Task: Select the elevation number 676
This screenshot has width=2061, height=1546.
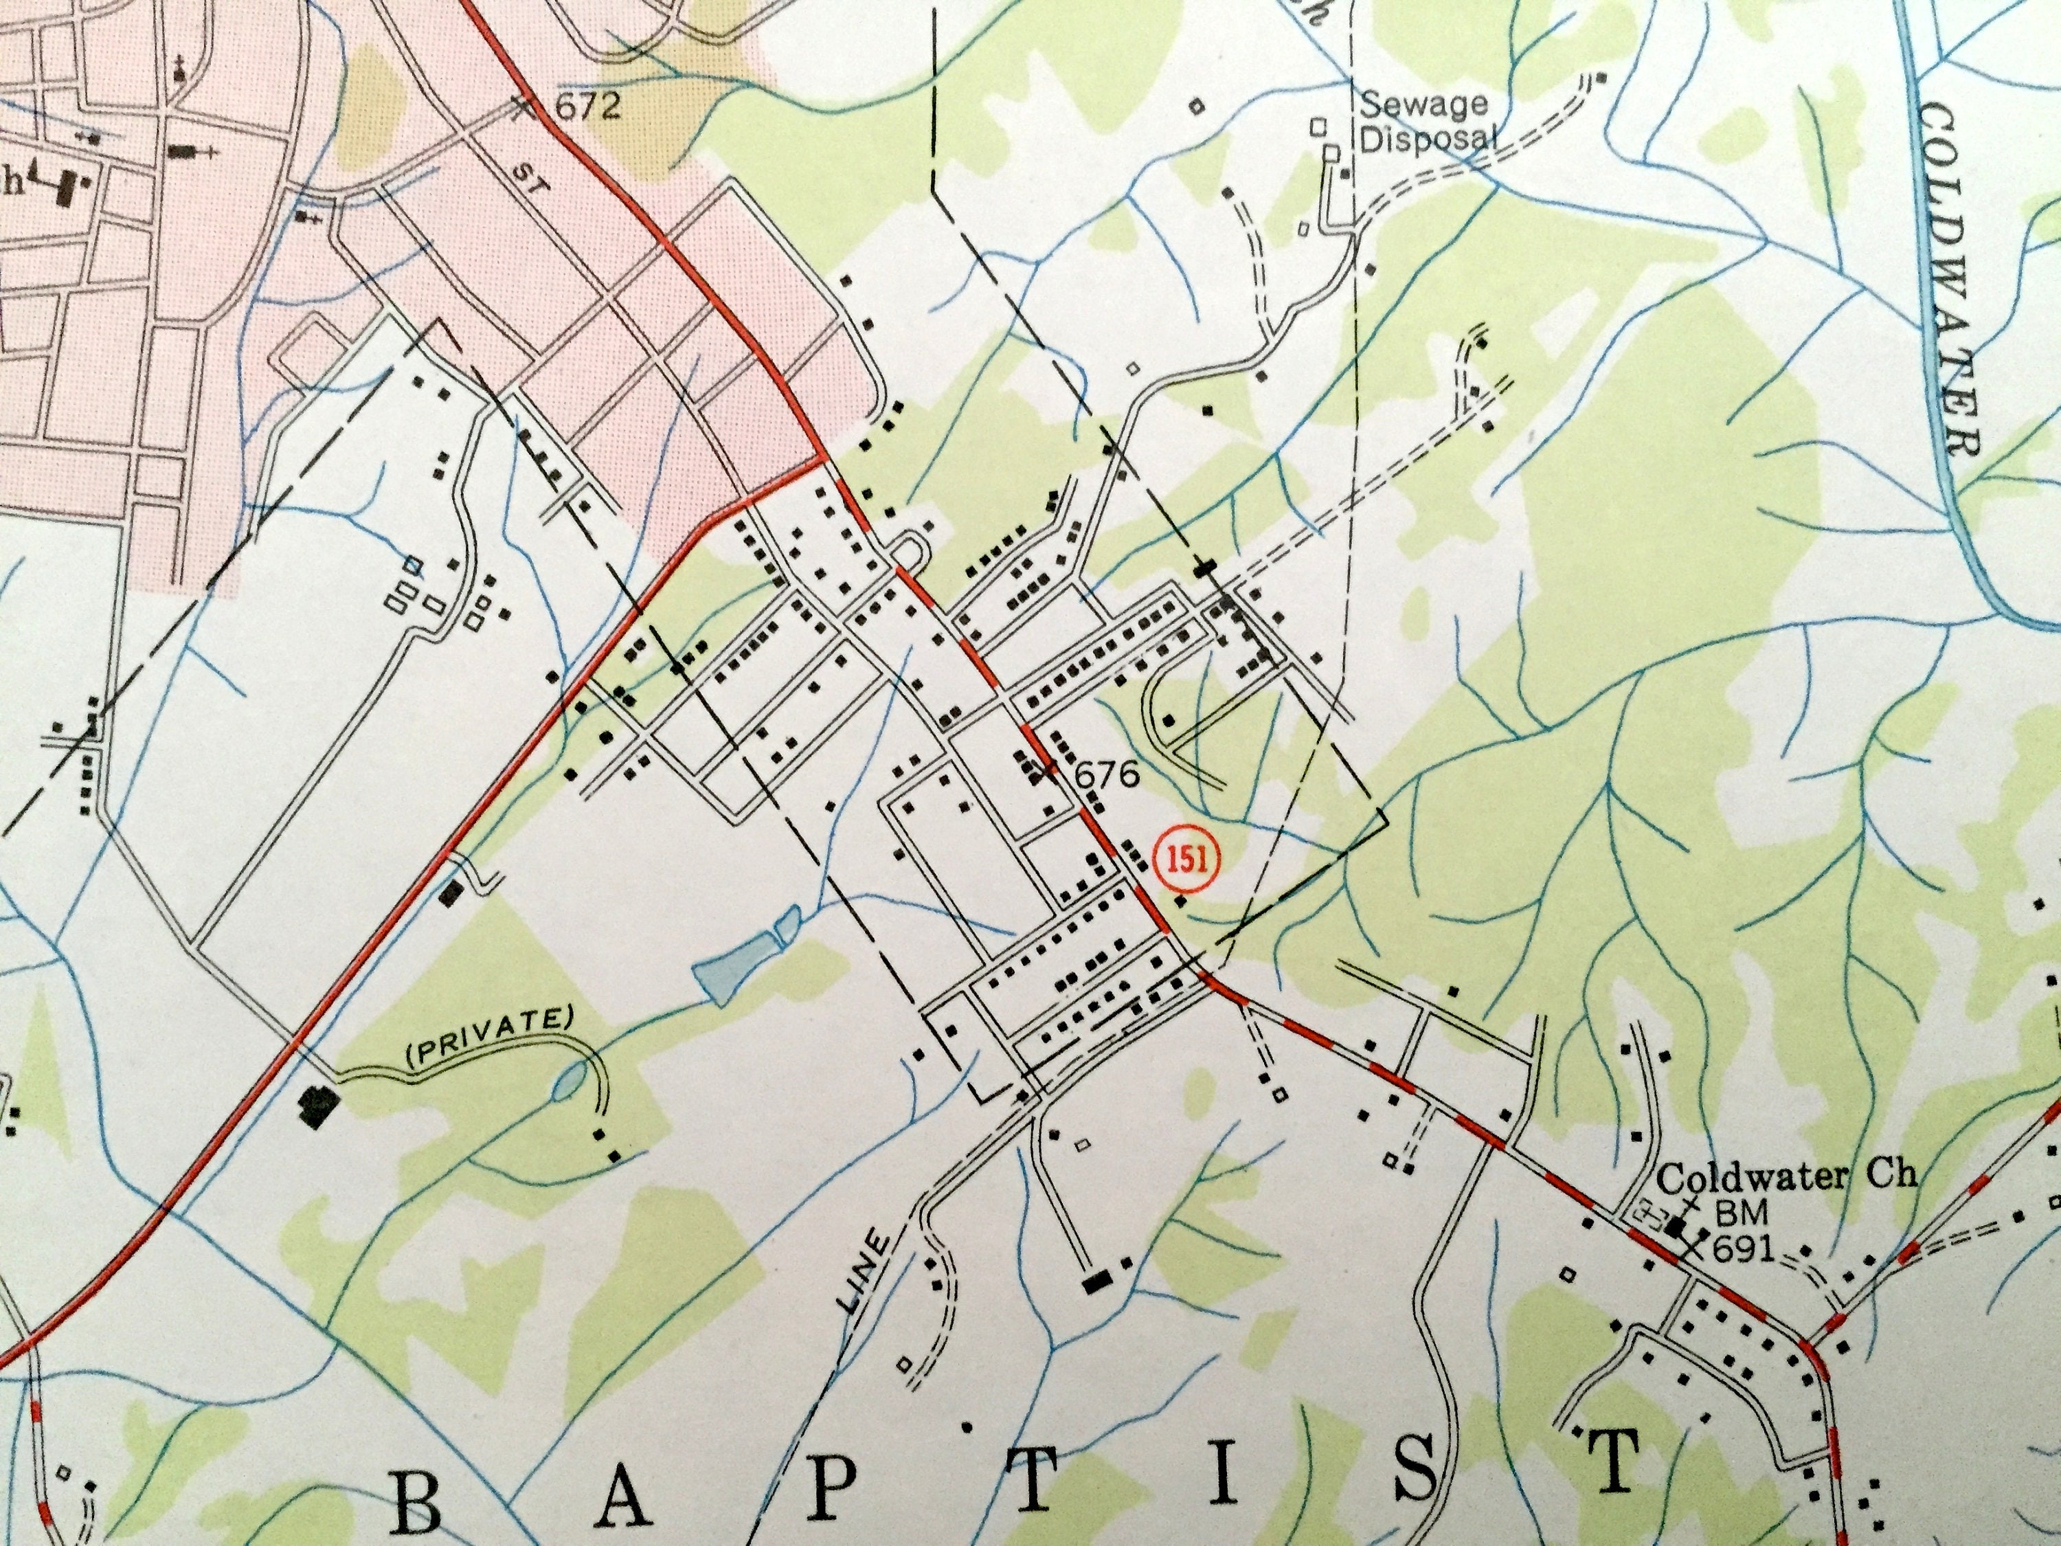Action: point(1108,774)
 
